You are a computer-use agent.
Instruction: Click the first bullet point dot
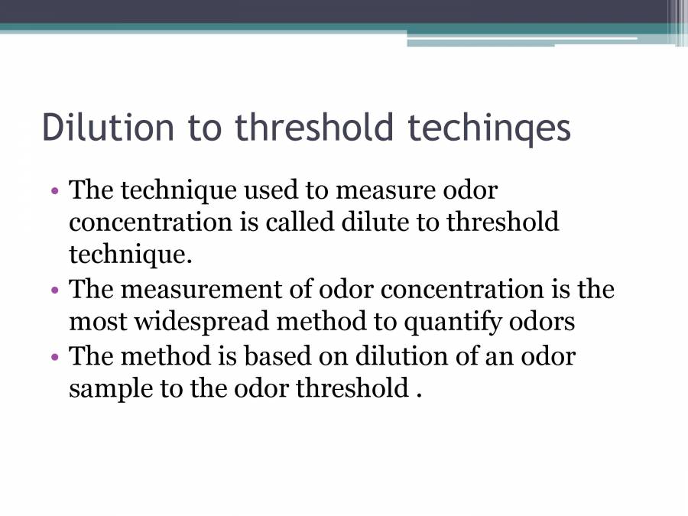(55, 190)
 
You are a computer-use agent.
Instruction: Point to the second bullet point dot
(55, 290)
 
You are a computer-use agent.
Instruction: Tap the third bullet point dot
(55, 357)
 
